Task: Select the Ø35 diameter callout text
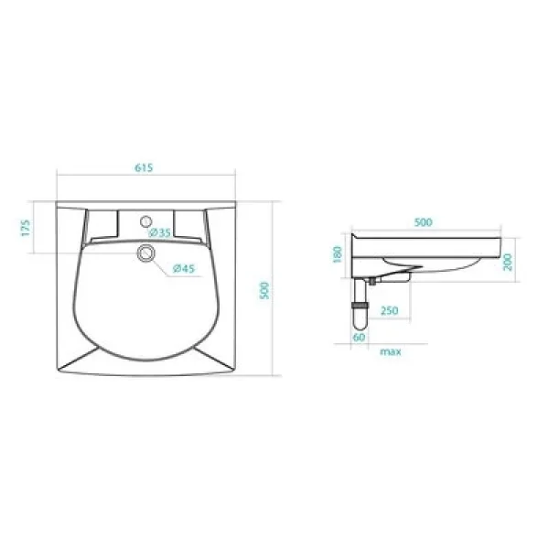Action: pos(162,232)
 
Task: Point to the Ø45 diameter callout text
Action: pos(183,268)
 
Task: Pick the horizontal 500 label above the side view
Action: pos(423,222)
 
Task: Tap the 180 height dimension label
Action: pos(338,253)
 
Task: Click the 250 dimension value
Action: pos(389,311)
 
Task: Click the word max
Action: pos(391,350)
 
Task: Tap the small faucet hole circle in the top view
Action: pos(145,221)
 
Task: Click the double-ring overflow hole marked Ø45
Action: pos(145,253)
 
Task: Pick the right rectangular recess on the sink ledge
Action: pos(187,222)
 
